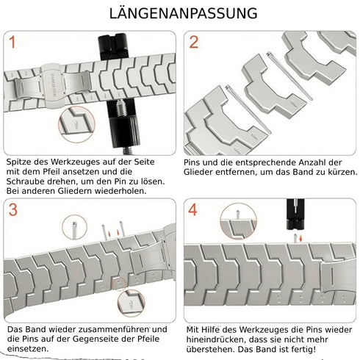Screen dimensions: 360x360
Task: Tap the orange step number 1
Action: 12,43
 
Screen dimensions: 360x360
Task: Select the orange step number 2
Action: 194,42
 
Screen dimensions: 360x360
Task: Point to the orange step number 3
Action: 12,210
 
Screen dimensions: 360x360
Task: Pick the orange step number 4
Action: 192,210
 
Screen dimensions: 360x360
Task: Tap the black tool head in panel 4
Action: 294,215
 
